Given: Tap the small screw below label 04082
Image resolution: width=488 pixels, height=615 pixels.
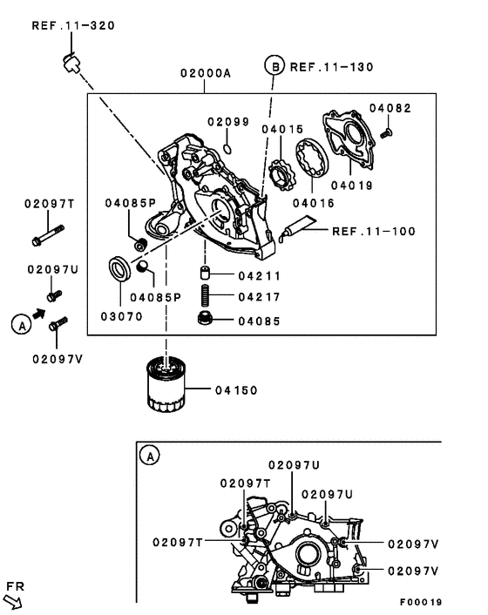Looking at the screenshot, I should (x=388, y=132).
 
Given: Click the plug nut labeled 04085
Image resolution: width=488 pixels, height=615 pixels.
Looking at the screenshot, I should (x=207, y=320).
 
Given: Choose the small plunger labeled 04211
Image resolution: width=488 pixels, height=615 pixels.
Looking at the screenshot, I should (x=207, y=275).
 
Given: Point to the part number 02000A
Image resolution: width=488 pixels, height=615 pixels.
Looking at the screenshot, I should (x=205, y=75).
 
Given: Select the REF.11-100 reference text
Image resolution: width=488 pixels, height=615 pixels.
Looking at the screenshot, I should (x=374, y=232).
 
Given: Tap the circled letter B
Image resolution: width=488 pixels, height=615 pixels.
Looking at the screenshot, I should (x=275, y=66).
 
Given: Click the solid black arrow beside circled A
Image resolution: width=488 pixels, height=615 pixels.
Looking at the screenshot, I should (x=38, y=310).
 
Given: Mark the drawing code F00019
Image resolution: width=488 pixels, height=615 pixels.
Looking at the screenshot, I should (x=421, y=602).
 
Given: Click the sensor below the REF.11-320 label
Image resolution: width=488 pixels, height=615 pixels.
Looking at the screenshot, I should (x=71, y=63).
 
